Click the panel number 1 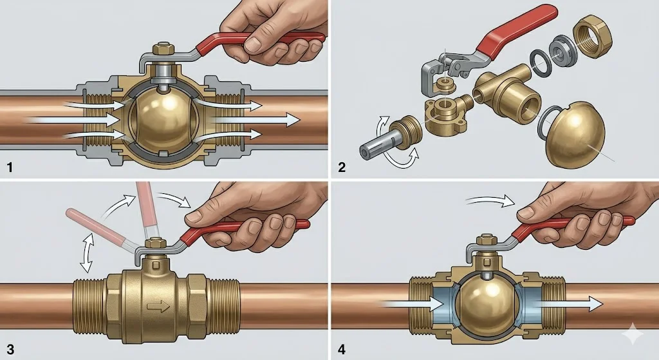click(10, 168)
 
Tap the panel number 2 click(342, 168)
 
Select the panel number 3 click(10, 350)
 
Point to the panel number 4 click(342, 350)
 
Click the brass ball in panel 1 click(165, 120)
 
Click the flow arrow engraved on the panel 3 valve click(154, 307)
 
